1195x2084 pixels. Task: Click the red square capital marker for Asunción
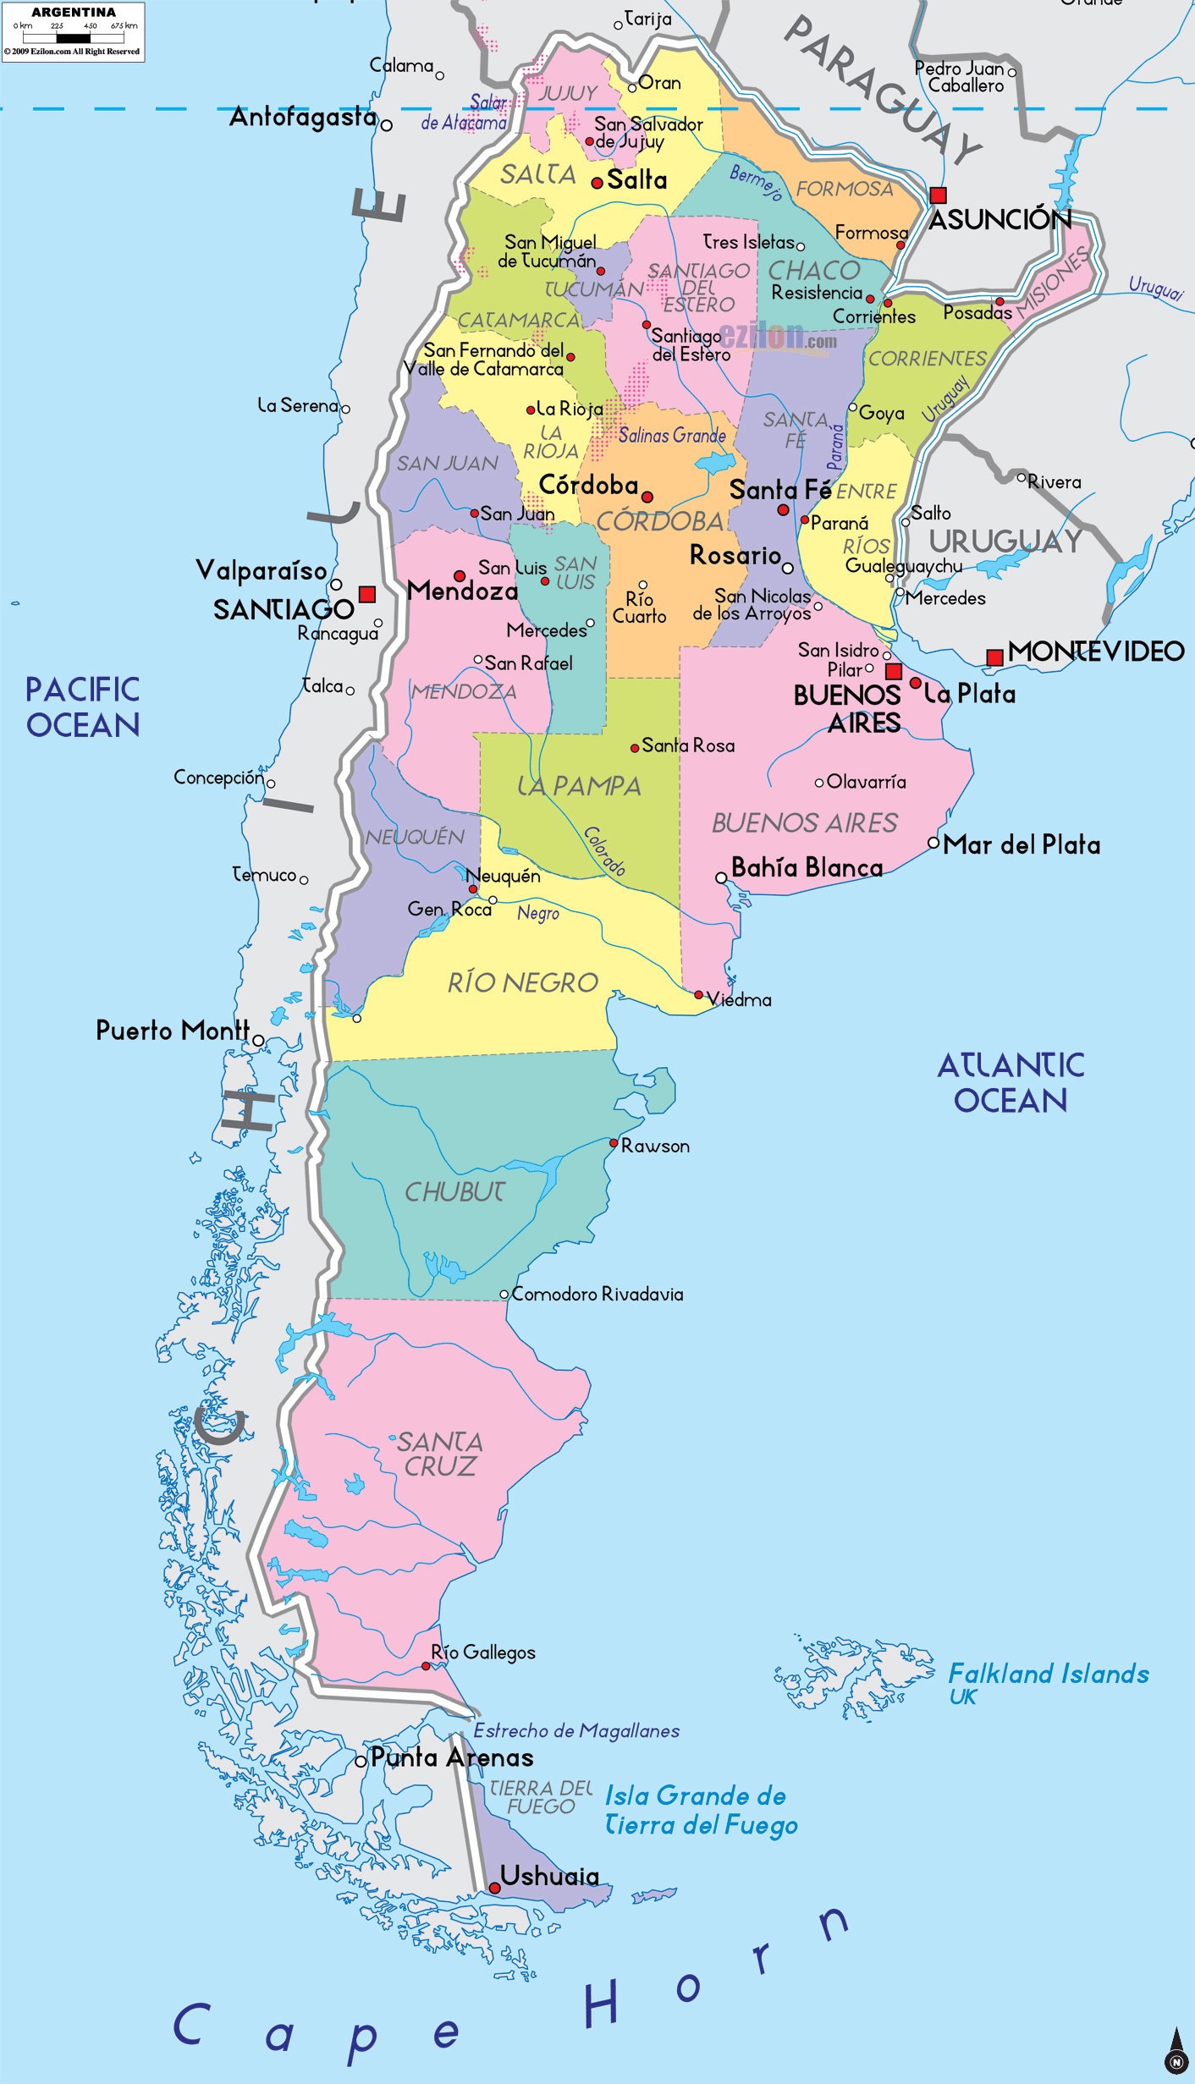[938, 195]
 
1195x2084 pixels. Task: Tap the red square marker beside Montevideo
[994, 657]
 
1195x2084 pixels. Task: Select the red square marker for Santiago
[366, 594]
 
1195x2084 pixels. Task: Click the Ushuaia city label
[549, 1876]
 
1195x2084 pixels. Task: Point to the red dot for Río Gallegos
[426, 1665]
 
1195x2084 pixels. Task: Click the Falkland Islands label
[1048, 1674]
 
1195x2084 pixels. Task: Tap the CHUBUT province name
[454, 1192]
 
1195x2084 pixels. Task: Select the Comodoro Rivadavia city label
[597, 1294]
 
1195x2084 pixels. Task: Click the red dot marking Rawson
[614, 1143]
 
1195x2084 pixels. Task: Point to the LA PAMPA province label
[579, 786]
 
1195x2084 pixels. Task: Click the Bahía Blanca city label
[807, 867]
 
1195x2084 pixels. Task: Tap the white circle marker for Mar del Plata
[933, 843]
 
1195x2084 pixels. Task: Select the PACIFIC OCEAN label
[82, 707]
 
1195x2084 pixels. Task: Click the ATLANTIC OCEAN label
[1011, 1083]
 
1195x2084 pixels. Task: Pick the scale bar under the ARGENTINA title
[74, 38]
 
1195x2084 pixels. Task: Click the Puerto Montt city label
[172, 1030]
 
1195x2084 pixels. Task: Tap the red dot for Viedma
[698, 995]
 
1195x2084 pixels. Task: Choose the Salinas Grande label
[672, 436]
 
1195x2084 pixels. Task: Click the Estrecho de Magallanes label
[575, 1730]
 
